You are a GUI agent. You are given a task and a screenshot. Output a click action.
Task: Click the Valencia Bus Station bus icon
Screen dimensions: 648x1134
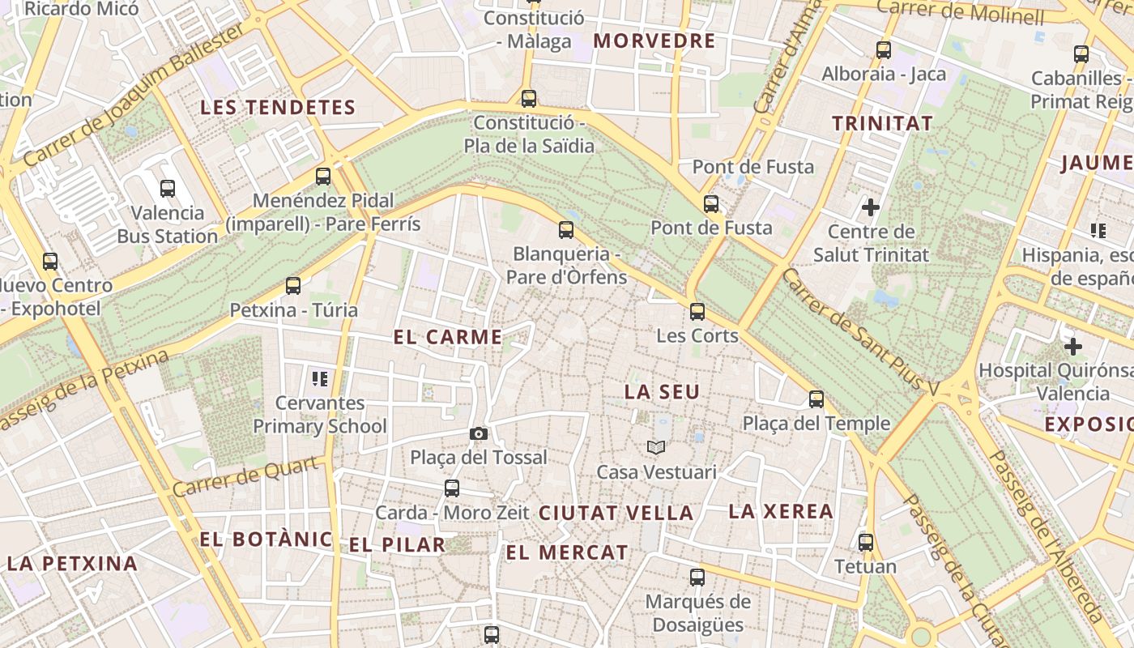[168, 189]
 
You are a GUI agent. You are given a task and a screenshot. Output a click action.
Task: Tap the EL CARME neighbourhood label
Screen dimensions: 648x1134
[448, 337]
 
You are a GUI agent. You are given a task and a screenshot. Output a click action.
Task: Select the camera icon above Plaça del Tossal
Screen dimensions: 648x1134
[479, 433]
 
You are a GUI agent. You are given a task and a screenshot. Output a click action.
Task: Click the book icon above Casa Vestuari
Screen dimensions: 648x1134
[656, 447]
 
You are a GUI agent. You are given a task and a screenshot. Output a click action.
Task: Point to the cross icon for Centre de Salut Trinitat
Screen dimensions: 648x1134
[871, 207]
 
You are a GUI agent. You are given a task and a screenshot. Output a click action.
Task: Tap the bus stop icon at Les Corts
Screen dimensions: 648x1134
[697, 311]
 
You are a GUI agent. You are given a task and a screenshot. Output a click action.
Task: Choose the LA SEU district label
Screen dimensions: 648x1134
[662, 392]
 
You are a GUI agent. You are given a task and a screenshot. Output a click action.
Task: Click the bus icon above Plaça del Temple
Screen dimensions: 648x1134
[816, 399]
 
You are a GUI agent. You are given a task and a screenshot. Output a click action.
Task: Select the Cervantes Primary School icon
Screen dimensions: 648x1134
[319, 378]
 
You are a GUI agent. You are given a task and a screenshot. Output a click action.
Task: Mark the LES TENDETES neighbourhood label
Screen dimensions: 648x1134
[278, 107]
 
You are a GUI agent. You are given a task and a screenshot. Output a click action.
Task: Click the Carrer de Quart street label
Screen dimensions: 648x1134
[245, 477]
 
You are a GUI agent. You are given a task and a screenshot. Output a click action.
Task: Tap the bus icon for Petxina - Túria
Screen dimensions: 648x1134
[293, 285]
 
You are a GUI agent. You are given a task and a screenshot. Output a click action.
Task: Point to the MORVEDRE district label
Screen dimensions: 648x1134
[654, 40]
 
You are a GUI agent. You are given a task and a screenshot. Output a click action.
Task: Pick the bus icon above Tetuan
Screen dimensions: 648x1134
[866, 542]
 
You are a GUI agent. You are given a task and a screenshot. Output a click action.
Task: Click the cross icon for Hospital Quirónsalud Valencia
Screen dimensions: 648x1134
[1073, 347]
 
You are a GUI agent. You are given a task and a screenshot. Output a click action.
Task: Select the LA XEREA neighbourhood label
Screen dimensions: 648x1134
[781, 511]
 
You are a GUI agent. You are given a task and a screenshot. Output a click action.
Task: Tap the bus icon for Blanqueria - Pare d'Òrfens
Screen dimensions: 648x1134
[566, 230]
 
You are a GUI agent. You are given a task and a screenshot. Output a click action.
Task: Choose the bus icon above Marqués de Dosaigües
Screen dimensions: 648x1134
[697, 577]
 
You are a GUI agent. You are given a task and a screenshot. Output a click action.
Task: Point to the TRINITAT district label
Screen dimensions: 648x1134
[882, 123]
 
